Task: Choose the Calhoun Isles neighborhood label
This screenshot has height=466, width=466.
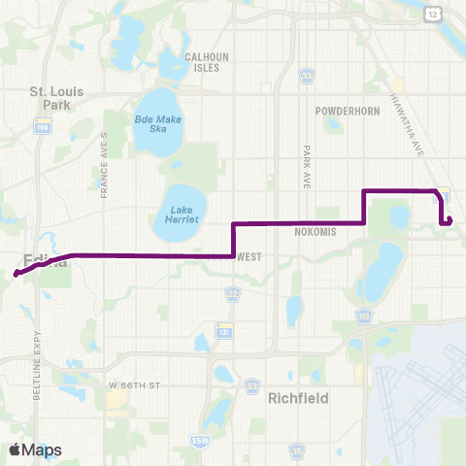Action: coord(207,62)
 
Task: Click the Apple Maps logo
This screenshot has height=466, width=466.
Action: coord(35,449)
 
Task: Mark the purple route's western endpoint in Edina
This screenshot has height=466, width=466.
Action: coord(17,275)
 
